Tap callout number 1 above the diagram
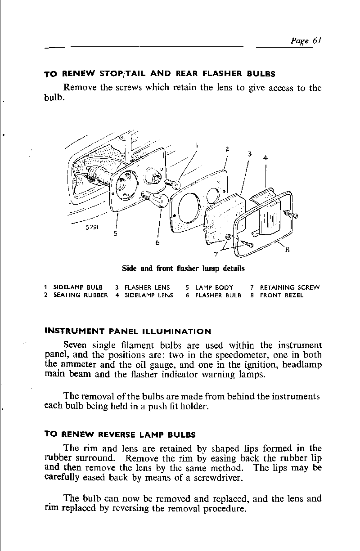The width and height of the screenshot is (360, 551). [197, 145]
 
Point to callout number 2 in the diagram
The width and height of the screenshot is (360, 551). [228, 149]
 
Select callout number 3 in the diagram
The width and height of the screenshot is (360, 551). [249, 154]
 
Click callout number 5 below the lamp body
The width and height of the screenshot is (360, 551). [116, 234]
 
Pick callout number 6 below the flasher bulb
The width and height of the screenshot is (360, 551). [157, 243]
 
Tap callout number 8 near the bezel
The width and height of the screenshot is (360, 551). [287, 252]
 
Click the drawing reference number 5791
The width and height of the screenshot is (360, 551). [92, 227]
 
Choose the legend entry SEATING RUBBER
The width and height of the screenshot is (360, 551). [81, 296]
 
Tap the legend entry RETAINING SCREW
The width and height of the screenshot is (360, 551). [290, 287]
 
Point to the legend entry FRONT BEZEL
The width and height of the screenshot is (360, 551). [282, 296]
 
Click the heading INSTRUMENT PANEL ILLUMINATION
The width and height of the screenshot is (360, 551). [128, 332]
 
